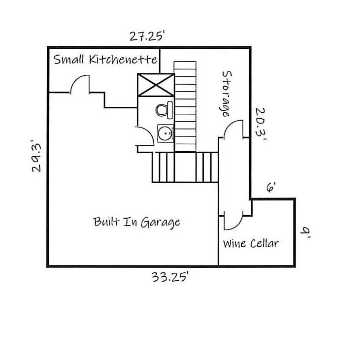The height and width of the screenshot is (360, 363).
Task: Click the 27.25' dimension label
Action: [146, 36]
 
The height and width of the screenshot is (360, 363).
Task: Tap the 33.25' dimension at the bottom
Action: [170, 277]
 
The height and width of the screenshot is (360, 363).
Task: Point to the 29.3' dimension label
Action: [36, 156]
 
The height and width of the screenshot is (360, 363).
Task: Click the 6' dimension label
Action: [271, 187]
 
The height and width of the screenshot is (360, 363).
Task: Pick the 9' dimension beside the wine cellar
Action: [306, 232]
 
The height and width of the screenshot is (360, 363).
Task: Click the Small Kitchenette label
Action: [105, 60]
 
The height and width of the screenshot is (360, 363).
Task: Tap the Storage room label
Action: [226, 94]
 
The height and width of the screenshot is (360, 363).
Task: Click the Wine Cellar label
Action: [251, 243]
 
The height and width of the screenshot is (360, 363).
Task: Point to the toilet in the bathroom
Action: [165, 109]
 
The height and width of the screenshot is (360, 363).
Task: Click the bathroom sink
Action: [165, 133]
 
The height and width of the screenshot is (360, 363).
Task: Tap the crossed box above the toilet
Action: [156, 85]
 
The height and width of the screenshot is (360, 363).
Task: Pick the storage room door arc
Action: [233, 130]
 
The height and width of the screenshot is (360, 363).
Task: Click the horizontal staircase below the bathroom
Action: [185, 167]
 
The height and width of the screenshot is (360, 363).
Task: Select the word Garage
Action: [161, 222]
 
